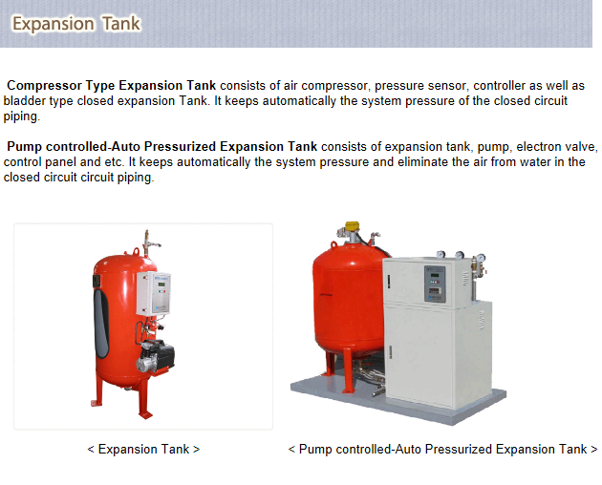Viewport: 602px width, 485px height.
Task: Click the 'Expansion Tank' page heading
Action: (76, 23)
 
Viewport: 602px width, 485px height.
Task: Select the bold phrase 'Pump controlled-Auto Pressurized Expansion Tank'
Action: (161, 147)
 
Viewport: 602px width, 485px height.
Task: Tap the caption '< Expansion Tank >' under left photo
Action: (143, 449)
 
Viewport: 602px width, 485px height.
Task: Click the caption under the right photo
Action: (442, 449)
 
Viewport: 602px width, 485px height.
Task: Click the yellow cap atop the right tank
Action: (352, 229)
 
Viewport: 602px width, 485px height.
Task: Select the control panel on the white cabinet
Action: (435, 283)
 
